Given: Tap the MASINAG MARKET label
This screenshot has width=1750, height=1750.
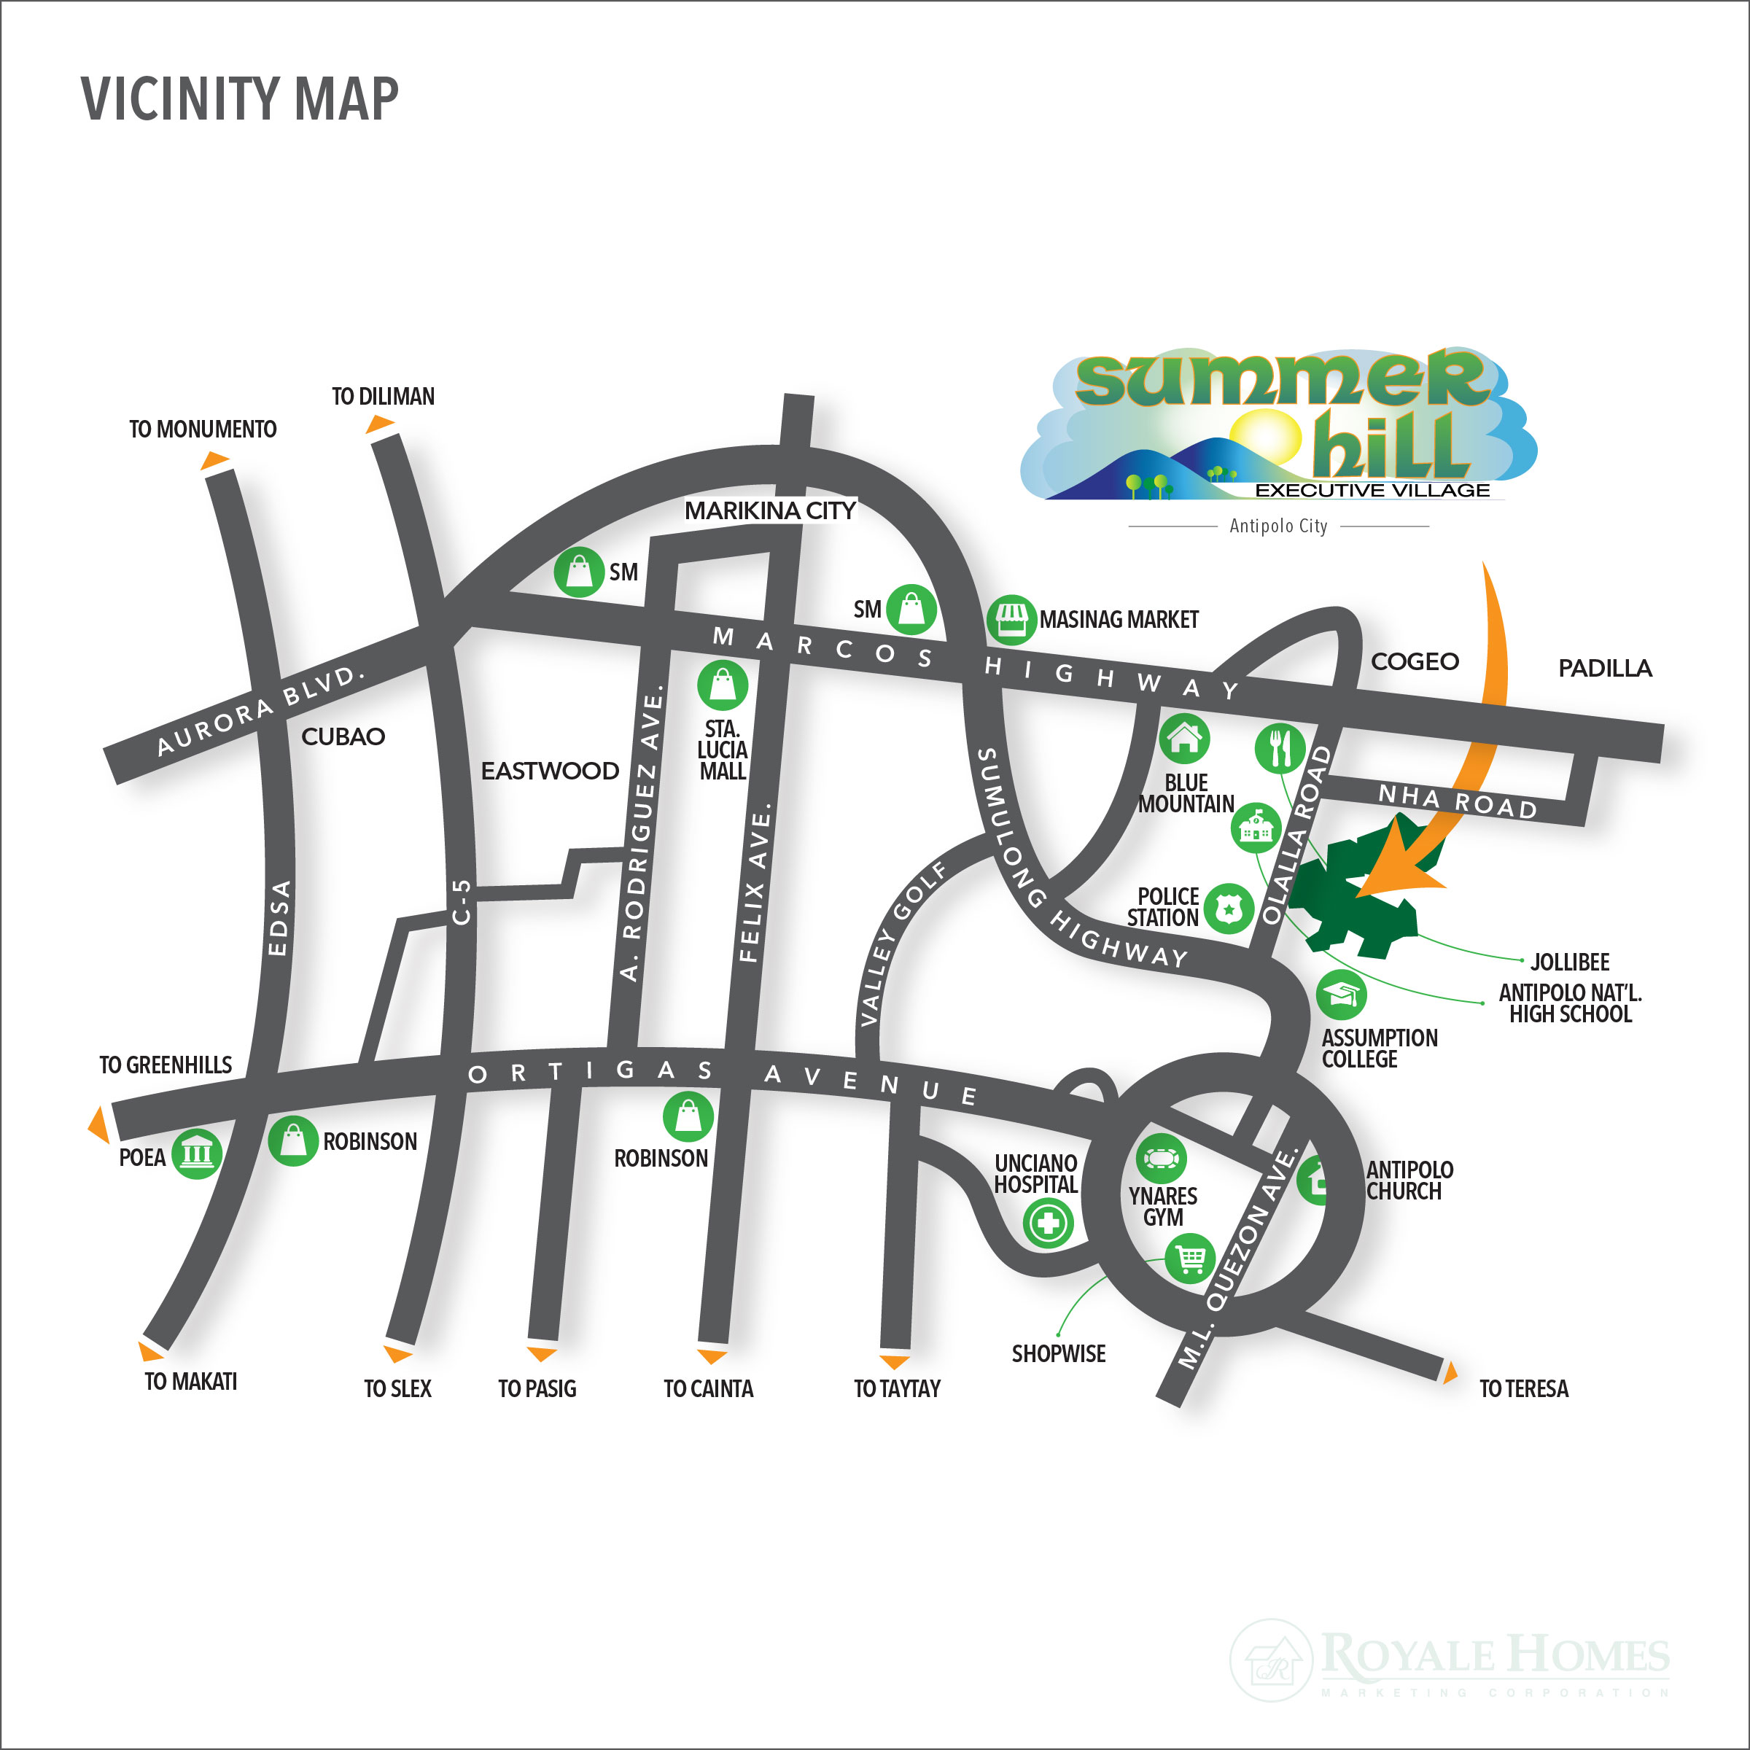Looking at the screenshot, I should click(1119, 620).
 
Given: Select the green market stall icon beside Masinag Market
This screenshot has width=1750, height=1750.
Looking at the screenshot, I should click(1011, 620).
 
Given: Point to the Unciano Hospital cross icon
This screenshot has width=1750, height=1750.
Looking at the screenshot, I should click(1048, 1224).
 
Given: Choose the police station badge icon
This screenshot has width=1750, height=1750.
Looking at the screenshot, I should click(1228, 908).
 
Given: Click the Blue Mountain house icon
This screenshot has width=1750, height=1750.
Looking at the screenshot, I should click(1184, 738).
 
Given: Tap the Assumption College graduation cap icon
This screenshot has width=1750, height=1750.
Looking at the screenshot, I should click(1341, 995).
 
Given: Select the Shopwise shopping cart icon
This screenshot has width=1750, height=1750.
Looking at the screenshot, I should click(1190, 1258).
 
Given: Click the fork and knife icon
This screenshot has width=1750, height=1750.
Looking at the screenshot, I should click(1280, 748).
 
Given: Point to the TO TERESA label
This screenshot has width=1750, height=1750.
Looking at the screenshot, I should click(1523, 1388).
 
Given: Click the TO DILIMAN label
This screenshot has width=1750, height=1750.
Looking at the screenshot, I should click(382, 397).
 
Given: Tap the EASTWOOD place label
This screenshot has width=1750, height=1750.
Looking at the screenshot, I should click(550, 771).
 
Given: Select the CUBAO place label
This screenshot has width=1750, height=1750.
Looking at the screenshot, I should click(343, 736).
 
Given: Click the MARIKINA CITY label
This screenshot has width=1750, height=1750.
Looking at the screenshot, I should click(770, 511).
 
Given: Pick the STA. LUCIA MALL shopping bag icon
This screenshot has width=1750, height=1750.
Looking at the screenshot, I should click(723, 685).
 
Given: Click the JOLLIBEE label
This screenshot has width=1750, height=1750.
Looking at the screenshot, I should click(1570, 962).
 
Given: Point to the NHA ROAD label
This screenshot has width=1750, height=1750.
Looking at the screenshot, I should click(1458, 801).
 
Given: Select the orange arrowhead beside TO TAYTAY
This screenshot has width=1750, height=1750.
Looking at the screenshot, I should click(895, 1361).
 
